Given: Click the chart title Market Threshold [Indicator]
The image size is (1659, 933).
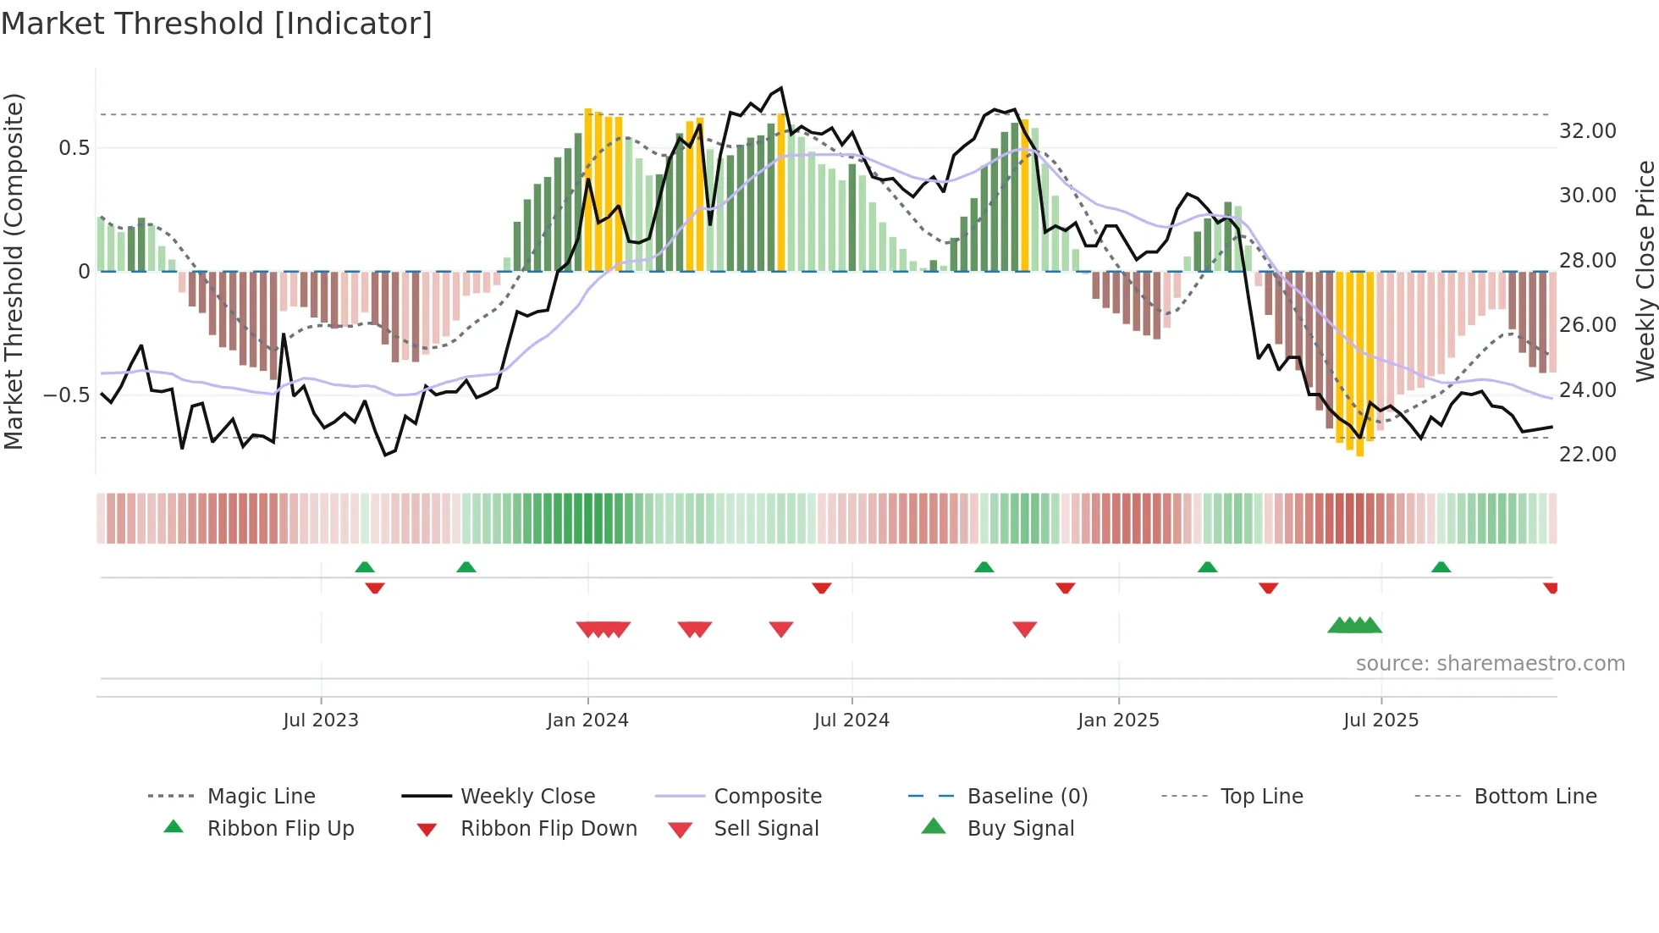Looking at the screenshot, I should pyautogui.click(x=217, y=24).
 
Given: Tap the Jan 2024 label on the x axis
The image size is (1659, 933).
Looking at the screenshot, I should pyautogui.click(x=587, y=720).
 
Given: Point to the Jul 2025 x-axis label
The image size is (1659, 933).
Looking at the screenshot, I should pyautogui.click(x=1381, y=720).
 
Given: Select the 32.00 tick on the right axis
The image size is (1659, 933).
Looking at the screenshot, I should pyautogui.click(x=1587, y=131).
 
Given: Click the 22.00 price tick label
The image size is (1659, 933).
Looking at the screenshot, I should pyautogui.click(x=1587, y=455).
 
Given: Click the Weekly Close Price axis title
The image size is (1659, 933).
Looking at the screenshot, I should pyautogui.click(x=1645, y=271).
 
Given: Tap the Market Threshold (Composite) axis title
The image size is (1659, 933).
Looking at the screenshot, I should pyautogui.click(x=14, y=271).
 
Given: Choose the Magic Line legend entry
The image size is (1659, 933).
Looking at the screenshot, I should pyautogui.click(x=261, y=797).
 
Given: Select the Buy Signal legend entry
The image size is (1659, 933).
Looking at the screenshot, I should pyautogui.click(x=1020, y=829).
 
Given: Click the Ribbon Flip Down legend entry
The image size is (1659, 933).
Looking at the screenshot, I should pyautogui.click(x=548, y=829).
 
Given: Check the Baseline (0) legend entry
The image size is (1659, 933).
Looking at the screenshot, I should pyautogui.click(x=1027, y=797).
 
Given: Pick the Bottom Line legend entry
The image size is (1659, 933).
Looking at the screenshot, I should pyautogui.click(x=1535, y=797).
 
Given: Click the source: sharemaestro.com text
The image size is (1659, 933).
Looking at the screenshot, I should pyautogui.click(x=1490, y=664).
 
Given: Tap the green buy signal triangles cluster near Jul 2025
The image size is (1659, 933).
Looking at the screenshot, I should pyautogui.click(x=1354, y=626).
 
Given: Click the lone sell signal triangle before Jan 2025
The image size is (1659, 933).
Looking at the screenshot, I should pyautogui.click(x=1024, y=629).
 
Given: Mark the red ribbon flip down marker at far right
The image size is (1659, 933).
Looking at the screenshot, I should pyautogui.click(x=1550, y=588).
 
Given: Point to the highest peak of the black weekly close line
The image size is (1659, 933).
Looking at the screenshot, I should pyautogui.click(x=781, y=88).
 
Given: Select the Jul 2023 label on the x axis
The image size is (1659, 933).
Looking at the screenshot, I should pyautogui.click(x=321, y=720).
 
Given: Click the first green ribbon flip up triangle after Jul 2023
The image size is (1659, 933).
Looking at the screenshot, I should pyautogui.click(x=365, y=567).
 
